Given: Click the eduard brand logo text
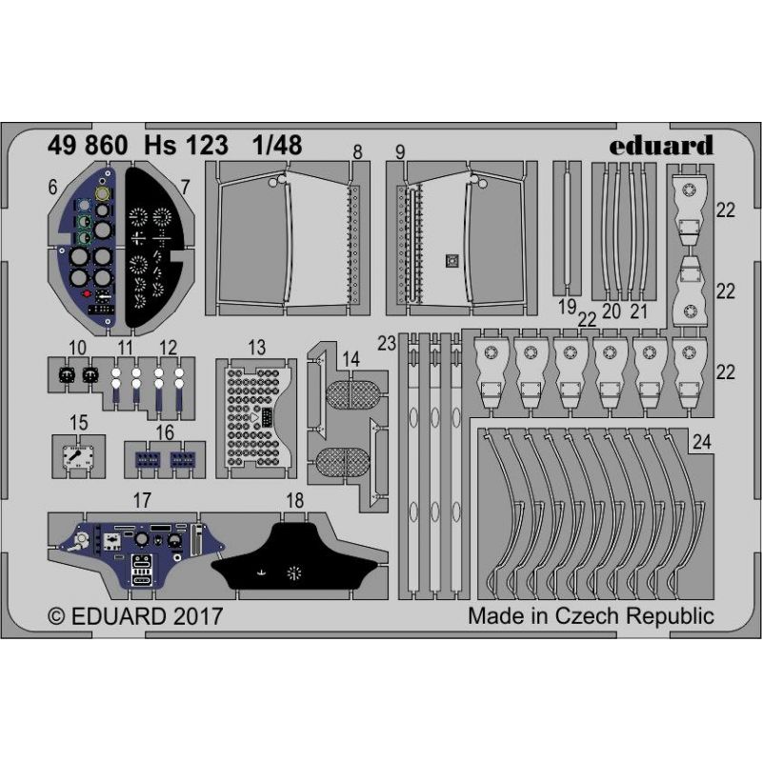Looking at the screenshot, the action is (x=661, y=146).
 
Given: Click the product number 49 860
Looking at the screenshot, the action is (x=88, y=146).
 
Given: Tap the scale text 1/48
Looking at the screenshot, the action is (x=277, y=146).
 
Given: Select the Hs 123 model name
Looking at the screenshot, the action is (x=186, y=146).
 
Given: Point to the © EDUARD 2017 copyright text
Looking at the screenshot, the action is (x=135, y=616).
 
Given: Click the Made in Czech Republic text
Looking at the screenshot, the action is (x=591, y=615).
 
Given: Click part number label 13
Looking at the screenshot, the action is (x=256, y=348).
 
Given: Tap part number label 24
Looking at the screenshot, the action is (x=702, y=442).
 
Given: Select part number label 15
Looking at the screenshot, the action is (x=79, y=422).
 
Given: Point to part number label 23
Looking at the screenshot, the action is (x=387, y=344).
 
